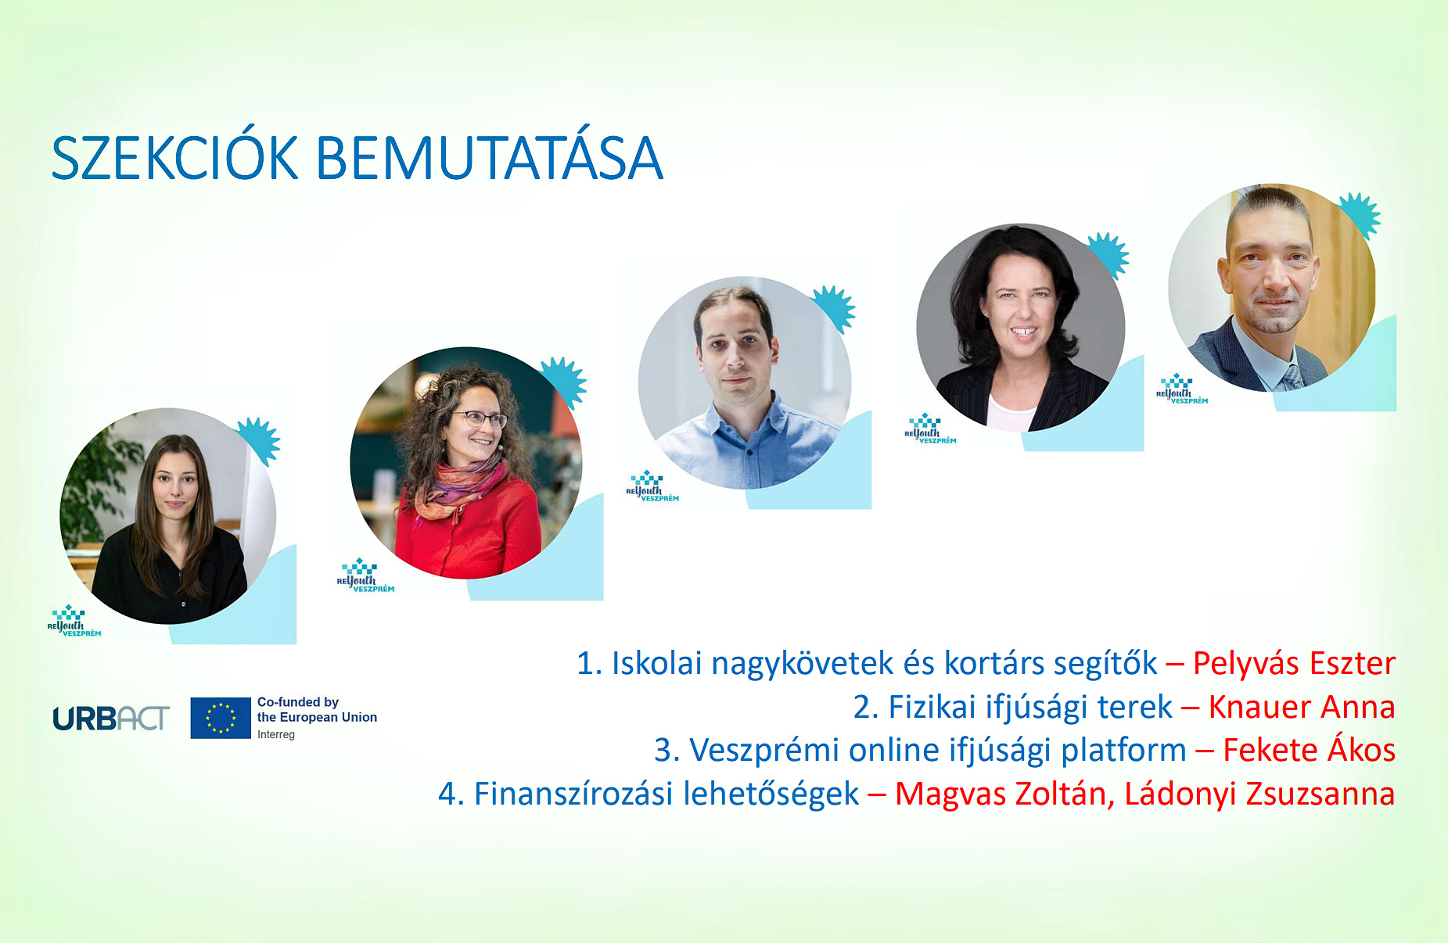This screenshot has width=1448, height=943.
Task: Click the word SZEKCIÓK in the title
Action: click(174, 160)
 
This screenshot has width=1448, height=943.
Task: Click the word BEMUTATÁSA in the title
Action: click(490, 160)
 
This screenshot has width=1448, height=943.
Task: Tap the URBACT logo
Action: click(110, 719)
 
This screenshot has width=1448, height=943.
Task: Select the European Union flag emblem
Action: click(221, 718)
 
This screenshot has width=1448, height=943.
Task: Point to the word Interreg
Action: click(276, 735)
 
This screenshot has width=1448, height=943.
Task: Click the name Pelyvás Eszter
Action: click(1294, 664)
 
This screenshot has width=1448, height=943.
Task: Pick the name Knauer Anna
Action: click(1302, 708)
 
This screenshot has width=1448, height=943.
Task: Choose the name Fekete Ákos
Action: click(1309, 751)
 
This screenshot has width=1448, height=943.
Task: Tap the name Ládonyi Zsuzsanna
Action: click(1259, 794)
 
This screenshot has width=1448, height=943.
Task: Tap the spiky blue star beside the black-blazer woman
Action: click(1108, 254)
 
